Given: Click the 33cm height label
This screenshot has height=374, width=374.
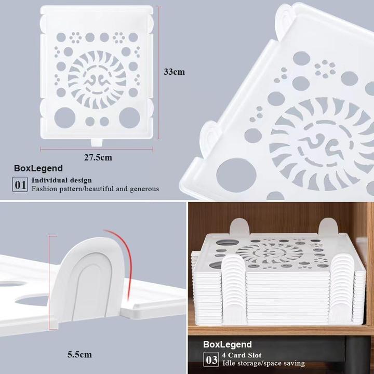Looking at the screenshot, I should [x=174, y=72].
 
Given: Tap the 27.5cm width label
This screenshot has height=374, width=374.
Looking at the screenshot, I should [x=97, y=157].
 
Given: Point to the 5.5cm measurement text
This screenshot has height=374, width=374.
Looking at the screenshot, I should [x=79, y=355].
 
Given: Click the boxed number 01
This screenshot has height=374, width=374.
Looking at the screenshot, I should [x=20, y=184].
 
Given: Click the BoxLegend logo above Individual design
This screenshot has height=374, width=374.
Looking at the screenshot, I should [x=38, y=168].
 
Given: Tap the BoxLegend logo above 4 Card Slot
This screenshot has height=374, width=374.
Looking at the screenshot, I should [x=228, y=344].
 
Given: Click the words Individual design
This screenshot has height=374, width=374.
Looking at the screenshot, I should [x=62, y=180].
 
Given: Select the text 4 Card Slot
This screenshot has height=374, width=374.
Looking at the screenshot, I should [x=241, y=355].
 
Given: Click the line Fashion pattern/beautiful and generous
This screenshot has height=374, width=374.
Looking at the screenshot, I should [x=95, y=189].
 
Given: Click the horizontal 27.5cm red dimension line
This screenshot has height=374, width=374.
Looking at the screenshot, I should [x=97, y=149].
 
